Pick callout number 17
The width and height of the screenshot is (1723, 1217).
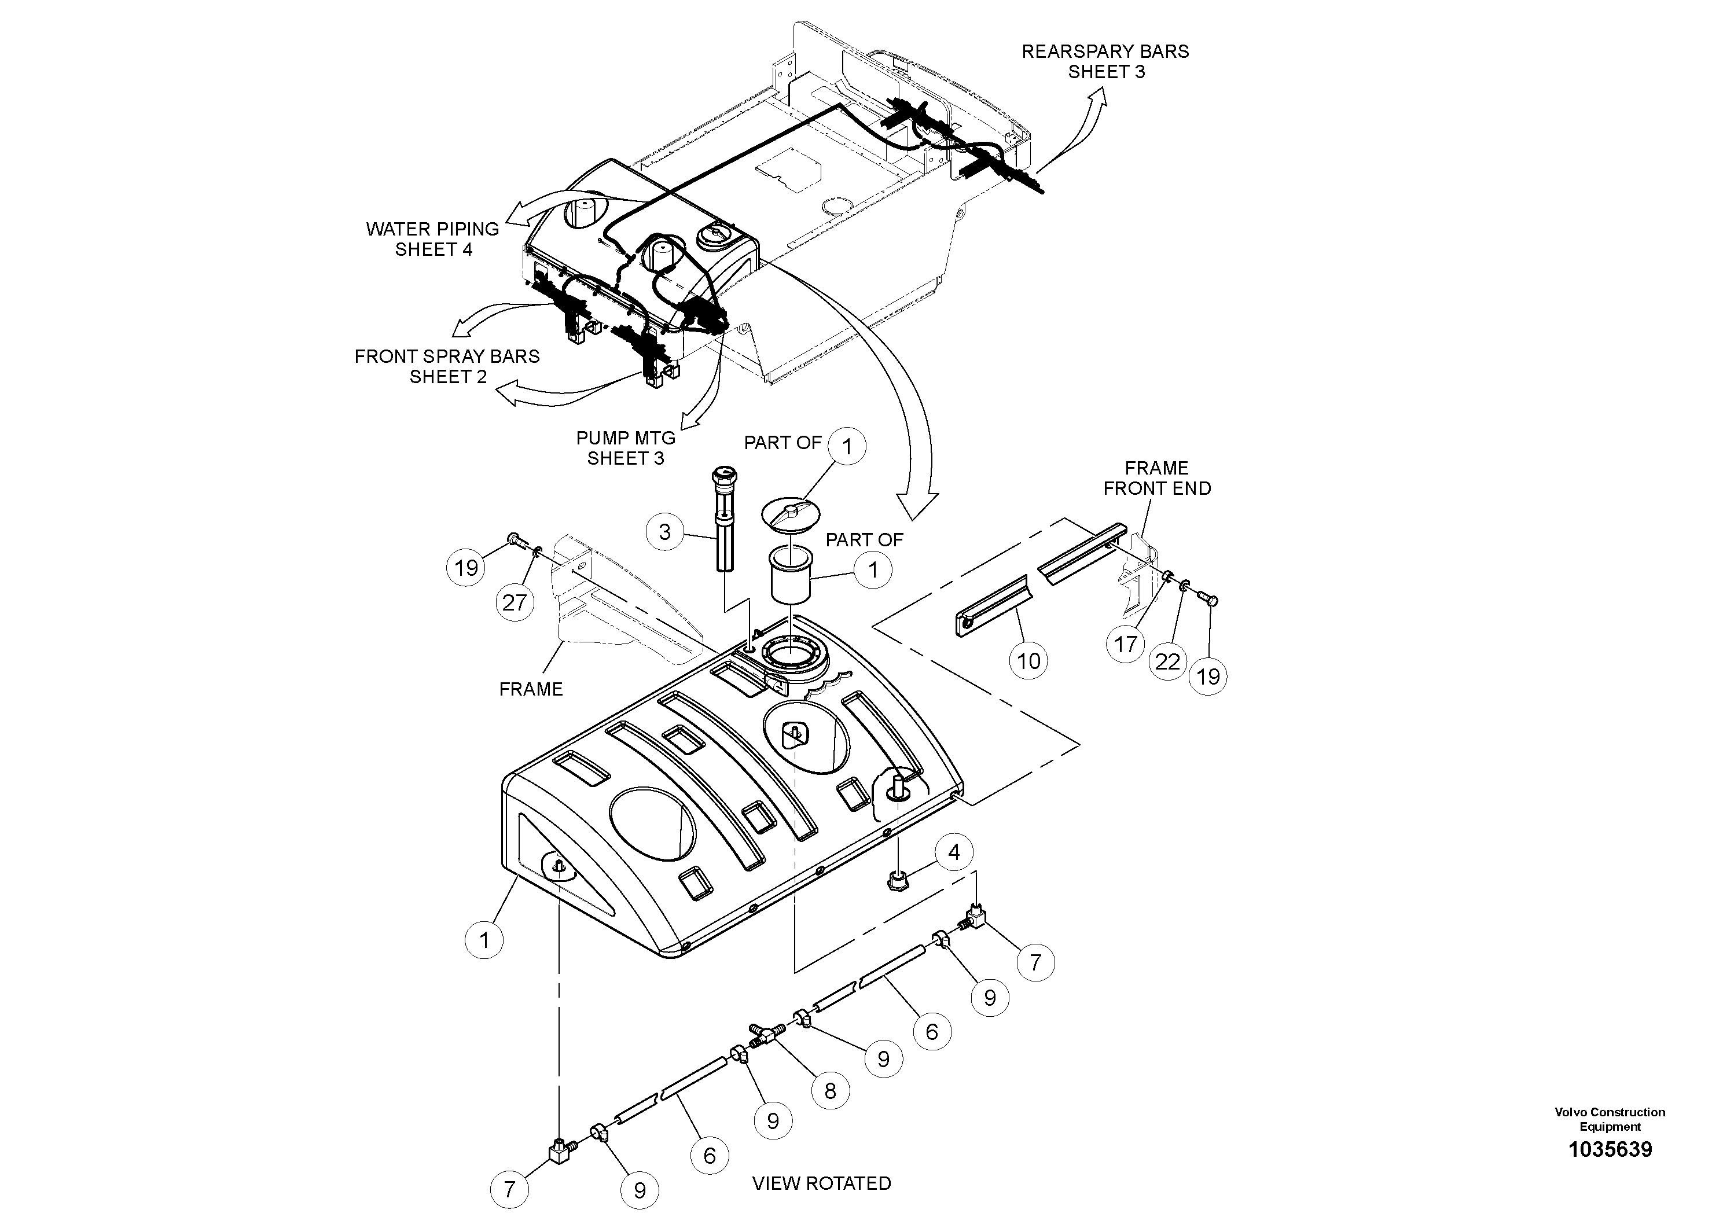[1126, 643]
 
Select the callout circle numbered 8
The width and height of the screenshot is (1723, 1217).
[830, 1090]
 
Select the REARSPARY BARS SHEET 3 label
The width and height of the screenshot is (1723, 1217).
[1105, 61]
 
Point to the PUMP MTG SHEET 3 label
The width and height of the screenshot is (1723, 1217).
[626, 447]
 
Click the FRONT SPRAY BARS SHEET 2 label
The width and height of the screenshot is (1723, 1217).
[447, 366]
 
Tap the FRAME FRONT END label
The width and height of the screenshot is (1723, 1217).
[1156, 478]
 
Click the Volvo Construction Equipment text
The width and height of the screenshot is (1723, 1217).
[1610, 1119]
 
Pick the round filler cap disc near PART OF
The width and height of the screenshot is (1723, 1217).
[791, 514]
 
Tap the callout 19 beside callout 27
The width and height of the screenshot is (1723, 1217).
[466, 567]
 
